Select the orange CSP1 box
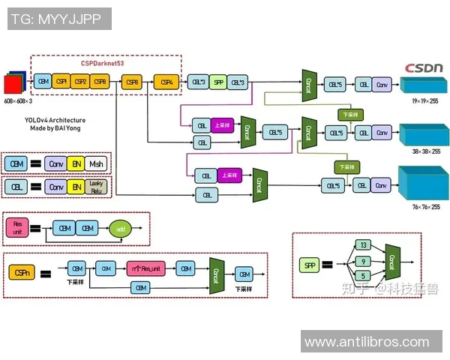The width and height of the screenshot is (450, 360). (61, 82)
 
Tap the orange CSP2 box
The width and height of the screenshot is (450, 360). (80, 82)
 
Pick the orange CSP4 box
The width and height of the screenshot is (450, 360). (167, 82)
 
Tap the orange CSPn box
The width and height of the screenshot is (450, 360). (21, 273)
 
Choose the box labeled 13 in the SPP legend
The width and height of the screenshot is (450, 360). (363, 245)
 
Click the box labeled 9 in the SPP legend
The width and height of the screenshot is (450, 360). (363, 262)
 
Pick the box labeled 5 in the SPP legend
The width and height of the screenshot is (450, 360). (363, 277)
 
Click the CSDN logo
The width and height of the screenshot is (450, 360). (424, 67)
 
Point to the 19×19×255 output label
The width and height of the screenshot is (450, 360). (425, 100)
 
